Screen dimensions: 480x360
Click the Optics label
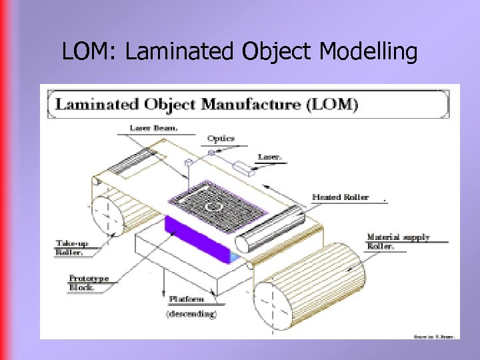click(221, 139)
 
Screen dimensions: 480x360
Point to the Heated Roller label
click(340, 197)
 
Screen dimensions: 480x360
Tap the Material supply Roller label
click(398, 241)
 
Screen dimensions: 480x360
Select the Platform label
click(186, 300)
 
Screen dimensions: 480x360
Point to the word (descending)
click(191, 313)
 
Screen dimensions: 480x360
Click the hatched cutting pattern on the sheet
click(213, 206)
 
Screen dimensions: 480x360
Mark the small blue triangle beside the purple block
click(233, 255)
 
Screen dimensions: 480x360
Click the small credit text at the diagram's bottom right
click(433, 336)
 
